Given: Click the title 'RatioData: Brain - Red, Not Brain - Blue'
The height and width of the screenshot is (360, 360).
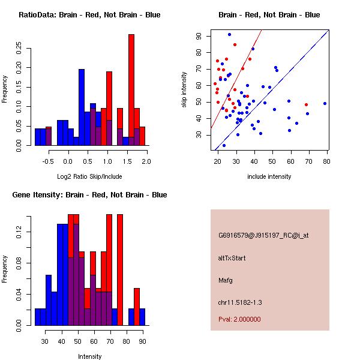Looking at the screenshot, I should [x=89, y=15].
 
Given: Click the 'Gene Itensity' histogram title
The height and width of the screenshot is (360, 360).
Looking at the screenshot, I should [x=89, y=195].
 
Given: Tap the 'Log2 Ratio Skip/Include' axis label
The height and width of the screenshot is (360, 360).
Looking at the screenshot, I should [x=90, y=177].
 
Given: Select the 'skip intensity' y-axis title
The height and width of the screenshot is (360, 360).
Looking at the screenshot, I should [x=185, y=90].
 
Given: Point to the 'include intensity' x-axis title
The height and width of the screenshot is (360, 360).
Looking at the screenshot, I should [x=270, y=177].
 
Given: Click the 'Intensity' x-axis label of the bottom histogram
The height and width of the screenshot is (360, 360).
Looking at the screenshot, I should [x=90, y=356].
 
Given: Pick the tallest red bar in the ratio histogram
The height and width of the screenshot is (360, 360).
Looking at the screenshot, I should [x=131, y=90].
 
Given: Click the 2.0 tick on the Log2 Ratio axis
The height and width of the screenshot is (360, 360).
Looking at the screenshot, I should [x=146, y=161].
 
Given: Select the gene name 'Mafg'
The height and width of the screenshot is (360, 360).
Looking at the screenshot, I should [x=226, y=280].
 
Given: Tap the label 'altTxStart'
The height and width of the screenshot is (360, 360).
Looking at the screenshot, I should [x=232, y=258].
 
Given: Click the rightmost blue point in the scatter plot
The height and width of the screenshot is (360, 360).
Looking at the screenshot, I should [x=325, y=103].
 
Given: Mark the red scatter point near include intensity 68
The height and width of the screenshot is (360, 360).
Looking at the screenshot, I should [x=306, y=104].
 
